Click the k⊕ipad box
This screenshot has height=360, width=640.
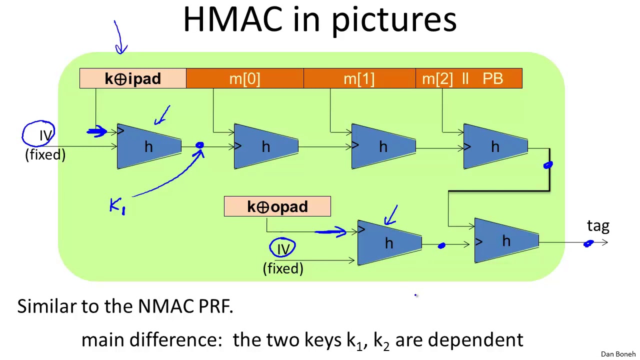pyautogui.click(x=132, y=78)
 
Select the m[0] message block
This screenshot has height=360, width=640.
pyautogui.click(x=244, y=78)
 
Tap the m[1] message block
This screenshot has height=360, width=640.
pyautogui.click(x=359, y=78)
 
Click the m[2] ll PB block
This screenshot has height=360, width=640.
pyautogui.click(x=468, y=78)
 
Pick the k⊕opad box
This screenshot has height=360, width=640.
pyautogui.click(x=277, y=206)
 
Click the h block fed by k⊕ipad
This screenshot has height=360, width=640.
pyautogui.click(x=148, y=146)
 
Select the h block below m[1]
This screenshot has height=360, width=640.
pyautogui.click(x=383, y=146)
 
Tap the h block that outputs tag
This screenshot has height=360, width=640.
pyautogui.click(x=506, y=241)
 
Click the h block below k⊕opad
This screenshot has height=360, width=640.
pyautogui.click(x=389, y=243)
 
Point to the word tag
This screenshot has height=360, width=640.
pyautogui.click(x=598, y=226)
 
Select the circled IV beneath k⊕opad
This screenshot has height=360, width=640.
pyautogui.click(x=283, y=248)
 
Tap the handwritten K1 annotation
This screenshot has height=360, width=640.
pyautogui.click(x=117, y=205)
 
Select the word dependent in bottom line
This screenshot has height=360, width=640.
pyautogui.click(x=475, y=340)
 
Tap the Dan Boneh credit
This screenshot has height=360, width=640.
pyautogui.click(x=618, y=354)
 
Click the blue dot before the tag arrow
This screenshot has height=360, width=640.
pyautogui.click(x=588, y=243)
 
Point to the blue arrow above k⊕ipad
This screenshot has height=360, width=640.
pyautogui.click(x=120, y=37)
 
